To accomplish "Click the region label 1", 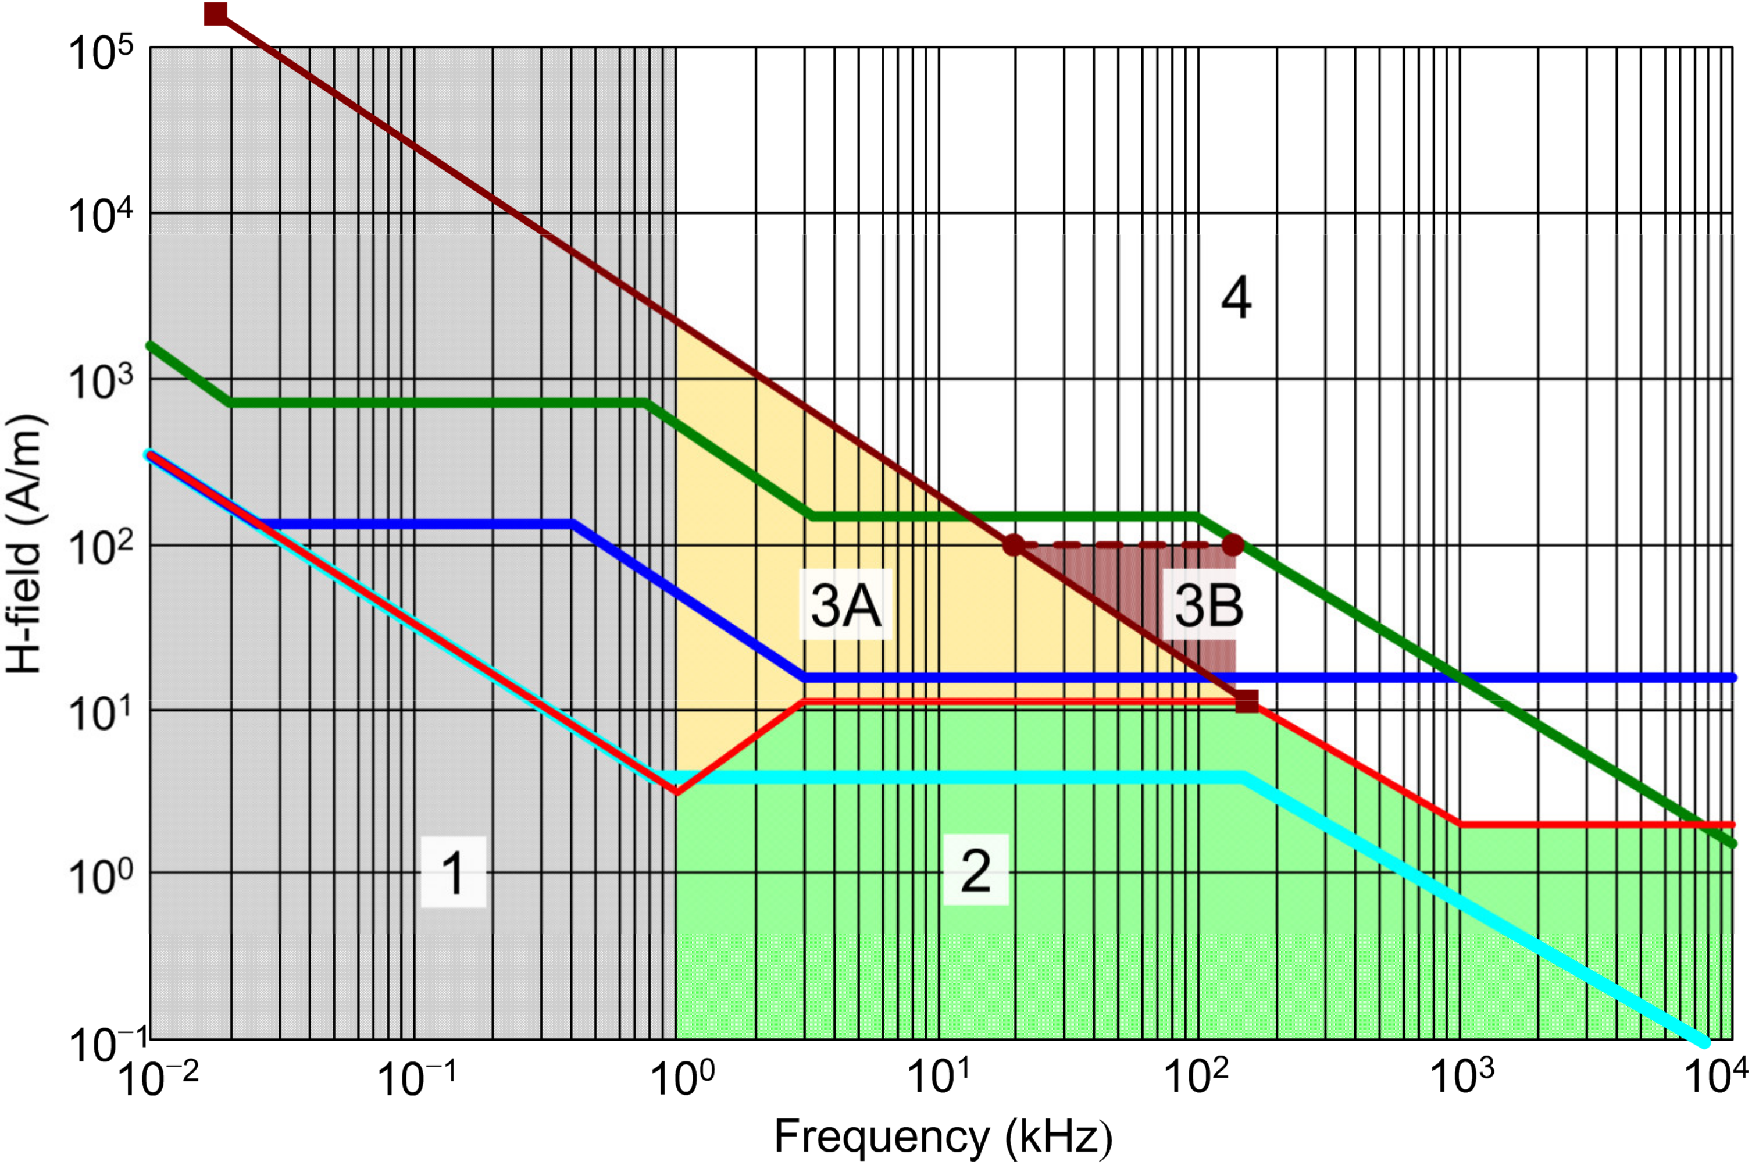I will [x=453, y=872].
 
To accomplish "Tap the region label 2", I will [x=975, y=870].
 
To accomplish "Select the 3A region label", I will [x=845, y=605].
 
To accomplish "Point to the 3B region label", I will [x=1208, y=605].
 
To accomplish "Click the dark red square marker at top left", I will [x=216, y=13].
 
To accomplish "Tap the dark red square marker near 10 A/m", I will [x=1247, y=701].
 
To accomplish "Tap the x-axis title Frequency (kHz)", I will [x=943, y=1136].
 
